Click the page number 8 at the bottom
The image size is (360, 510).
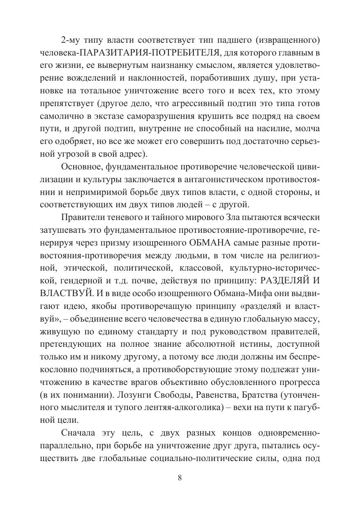click(180, 478)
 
